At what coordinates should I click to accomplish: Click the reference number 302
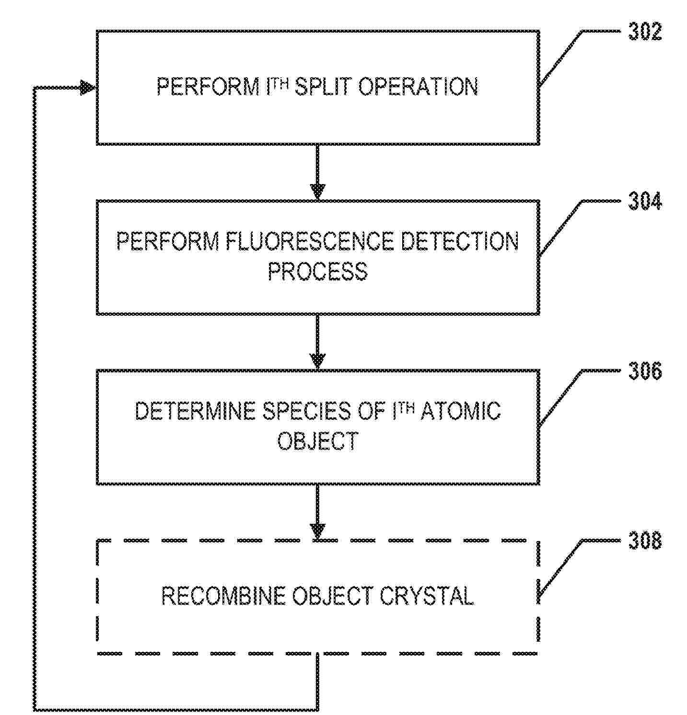click(645, 32)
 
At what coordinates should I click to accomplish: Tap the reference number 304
click(645, 201)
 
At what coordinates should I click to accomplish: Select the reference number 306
click(645, 371)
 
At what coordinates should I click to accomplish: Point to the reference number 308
click(645, 541)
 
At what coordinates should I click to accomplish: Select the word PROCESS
click(317, 271)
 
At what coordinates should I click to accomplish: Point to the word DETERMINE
click(195, 411)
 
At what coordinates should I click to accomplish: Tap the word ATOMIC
click(461, 411)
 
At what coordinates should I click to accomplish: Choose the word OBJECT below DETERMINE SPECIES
click(318, 441)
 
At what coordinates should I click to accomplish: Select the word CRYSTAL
click(427, 596)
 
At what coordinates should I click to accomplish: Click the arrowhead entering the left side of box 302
click(88, 88)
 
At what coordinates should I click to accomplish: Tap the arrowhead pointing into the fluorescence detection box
click(317, 191)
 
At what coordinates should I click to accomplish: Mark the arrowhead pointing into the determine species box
click(317, 361)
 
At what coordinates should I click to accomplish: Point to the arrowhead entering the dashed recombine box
click(317, 531)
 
